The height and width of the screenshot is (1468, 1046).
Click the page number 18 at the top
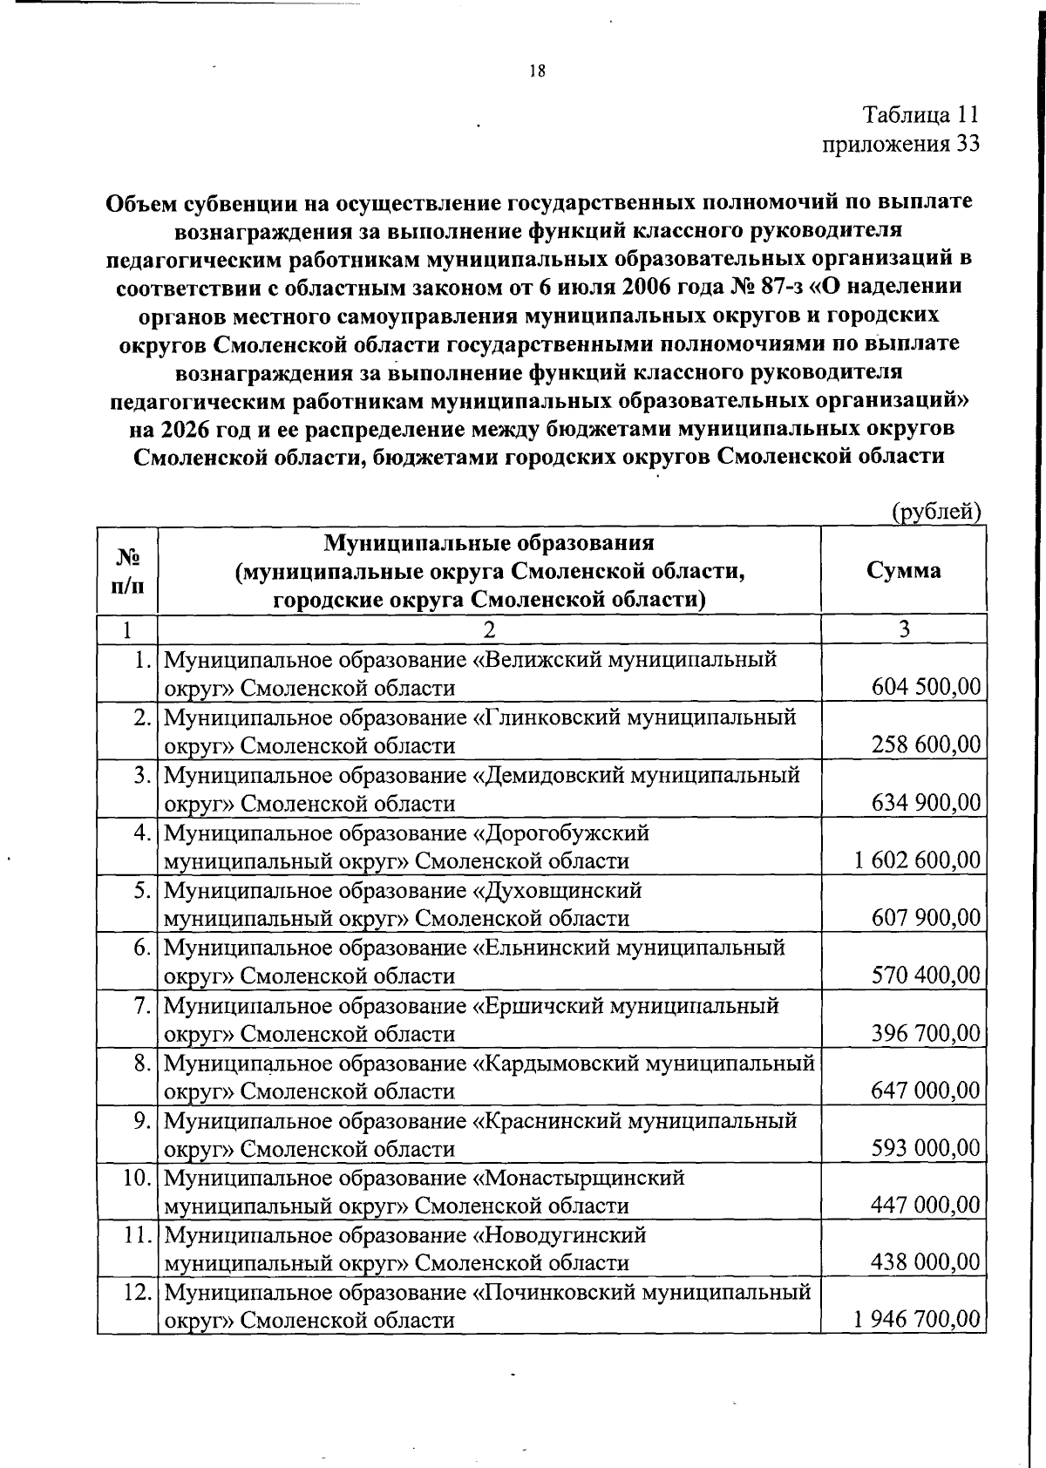coord(537,72)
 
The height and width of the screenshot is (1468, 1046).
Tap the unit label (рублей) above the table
coord(936,512)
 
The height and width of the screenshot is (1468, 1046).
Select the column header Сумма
coord(904,570)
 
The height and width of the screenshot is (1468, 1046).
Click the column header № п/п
coord(127,570)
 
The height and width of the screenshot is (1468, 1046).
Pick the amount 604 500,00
coord(927,687)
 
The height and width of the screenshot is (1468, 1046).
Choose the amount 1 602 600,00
coord(918,860)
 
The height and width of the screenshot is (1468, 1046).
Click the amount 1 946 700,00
coord(918,1319)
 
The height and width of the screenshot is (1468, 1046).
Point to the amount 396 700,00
coord(927,1033)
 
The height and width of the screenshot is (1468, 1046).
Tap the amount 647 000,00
coord(927,1091)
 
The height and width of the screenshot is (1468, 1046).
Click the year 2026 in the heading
coord(187,430)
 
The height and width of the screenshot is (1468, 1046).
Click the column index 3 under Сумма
coord(904,629)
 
